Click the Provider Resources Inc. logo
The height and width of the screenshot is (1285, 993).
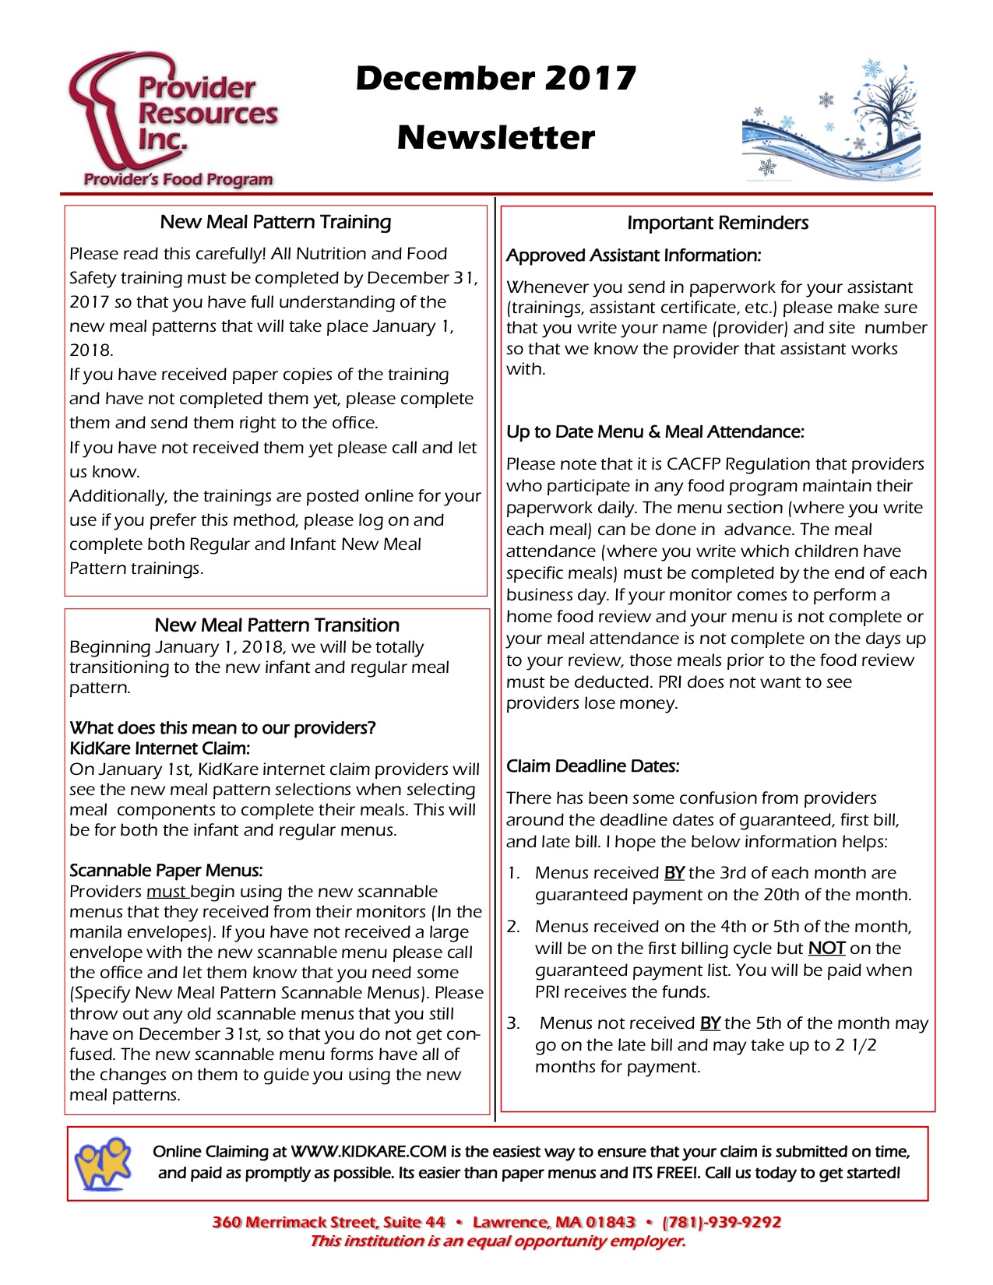tap(173, 121)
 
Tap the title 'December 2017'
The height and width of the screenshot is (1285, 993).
tap(495, 78)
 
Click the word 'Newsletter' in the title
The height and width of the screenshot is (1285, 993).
tap(495, 138)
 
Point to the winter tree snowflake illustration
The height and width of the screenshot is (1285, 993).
tap(831, 121)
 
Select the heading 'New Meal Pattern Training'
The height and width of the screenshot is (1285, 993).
tap(276, 222)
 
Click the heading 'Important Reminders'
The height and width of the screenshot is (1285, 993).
tap(717, 223)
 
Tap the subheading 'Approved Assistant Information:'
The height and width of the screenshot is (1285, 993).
tap(633, 255)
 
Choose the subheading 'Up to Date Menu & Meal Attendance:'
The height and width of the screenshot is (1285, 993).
tap(655, 432)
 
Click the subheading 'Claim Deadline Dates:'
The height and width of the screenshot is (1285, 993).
tap(593, 766)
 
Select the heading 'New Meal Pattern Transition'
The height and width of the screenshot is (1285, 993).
tap(277, 625)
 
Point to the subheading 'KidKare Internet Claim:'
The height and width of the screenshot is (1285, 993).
tap(160, 748)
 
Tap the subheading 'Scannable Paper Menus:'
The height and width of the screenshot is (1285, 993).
tap(166, 871)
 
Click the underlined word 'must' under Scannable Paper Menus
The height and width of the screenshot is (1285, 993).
tap(166, 892)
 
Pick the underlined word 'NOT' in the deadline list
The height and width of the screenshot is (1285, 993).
tap(826, 949)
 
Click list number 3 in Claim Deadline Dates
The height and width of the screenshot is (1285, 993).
tap(513, 1023)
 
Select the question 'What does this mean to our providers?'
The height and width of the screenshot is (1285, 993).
tap(223, 728)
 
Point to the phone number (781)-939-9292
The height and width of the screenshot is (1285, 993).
tap(721, 1222)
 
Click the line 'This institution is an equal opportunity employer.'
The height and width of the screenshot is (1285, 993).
tap(498, 1241)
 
